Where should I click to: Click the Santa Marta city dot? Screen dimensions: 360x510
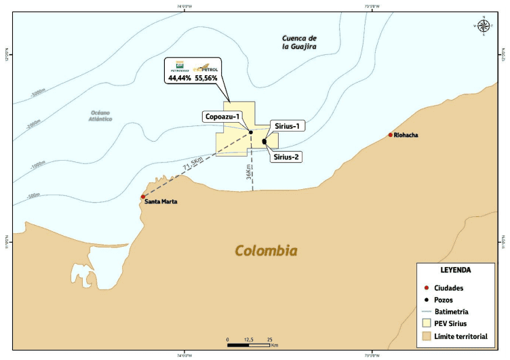point(143,197)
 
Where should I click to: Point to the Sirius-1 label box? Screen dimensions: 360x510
point(289,125)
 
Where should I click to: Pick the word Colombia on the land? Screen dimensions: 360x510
point(266,251)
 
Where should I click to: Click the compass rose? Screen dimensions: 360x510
point(484,26)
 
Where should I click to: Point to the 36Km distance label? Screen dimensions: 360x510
point(250,172)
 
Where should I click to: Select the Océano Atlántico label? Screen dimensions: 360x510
point(100,115)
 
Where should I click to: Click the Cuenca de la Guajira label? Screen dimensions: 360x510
point(300,41)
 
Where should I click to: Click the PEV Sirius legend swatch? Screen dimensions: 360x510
point(426,323)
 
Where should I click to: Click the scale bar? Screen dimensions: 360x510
point(249,345)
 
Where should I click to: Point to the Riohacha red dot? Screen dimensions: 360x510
point(391,135)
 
